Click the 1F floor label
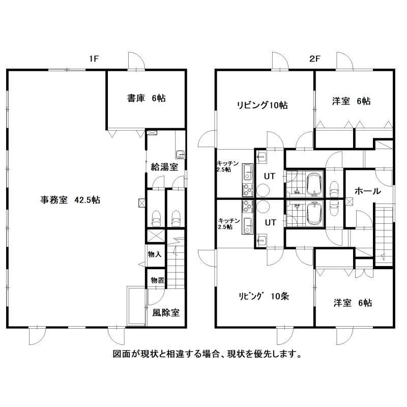[94, 59]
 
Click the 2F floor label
[314, 59]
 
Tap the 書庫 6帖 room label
[147, 98]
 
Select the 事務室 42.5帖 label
[70, 200]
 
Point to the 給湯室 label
[164, 167]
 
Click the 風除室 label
[166, 312]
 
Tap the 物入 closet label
[155, 254]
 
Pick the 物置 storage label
[158, 280]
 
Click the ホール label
[368, 191]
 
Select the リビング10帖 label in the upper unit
[262, 105]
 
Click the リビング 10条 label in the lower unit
[264, 296]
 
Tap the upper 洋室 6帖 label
[351, 101]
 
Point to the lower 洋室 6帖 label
[353, 303]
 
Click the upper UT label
[270, 176]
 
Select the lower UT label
[271, 222]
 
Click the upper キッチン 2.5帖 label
[227, 166]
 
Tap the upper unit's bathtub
[314, 185]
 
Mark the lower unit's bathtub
[314, 214]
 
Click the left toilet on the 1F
[156, 219]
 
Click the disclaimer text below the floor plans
[208, 354]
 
